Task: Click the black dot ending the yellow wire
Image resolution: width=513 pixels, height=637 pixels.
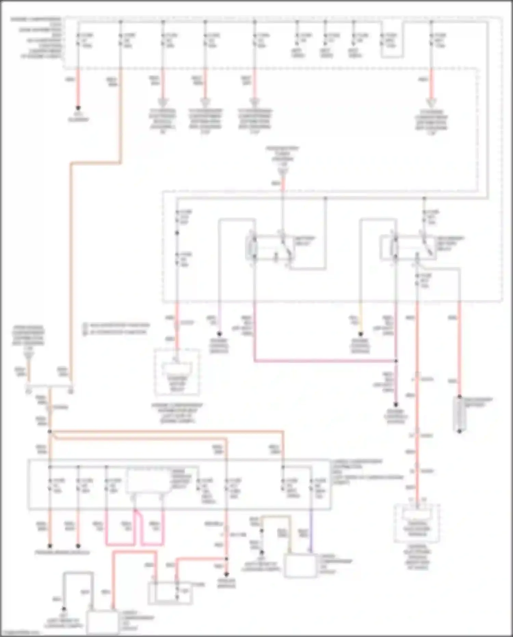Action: click(360, 334)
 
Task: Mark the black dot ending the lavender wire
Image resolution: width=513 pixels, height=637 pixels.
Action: click(219, 334)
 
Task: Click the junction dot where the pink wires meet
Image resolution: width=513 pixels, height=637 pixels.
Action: click(396, 361)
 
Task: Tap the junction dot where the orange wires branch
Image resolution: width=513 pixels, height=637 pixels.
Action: click(50, 432)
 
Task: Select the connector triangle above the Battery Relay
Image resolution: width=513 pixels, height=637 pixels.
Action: click(283, 171)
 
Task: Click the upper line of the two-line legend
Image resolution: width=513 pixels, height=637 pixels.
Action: click(116, 325)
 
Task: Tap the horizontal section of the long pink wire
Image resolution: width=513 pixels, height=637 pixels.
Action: click(325, 361)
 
